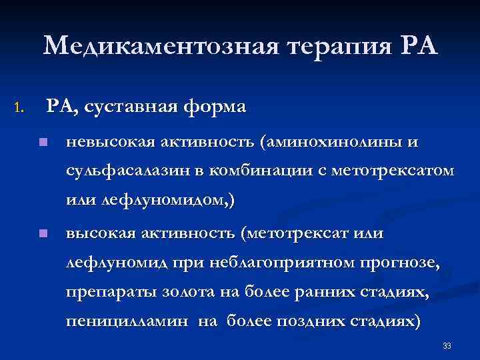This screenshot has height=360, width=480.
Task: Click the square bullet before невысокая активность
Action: (42, 142)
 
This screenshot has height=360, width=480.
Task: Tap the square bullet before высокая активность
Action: (42, 233)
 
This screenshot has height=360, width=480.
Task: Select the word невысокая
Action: (109, 142)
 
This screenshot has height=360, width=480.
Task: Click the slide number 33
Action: (447, 346)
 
